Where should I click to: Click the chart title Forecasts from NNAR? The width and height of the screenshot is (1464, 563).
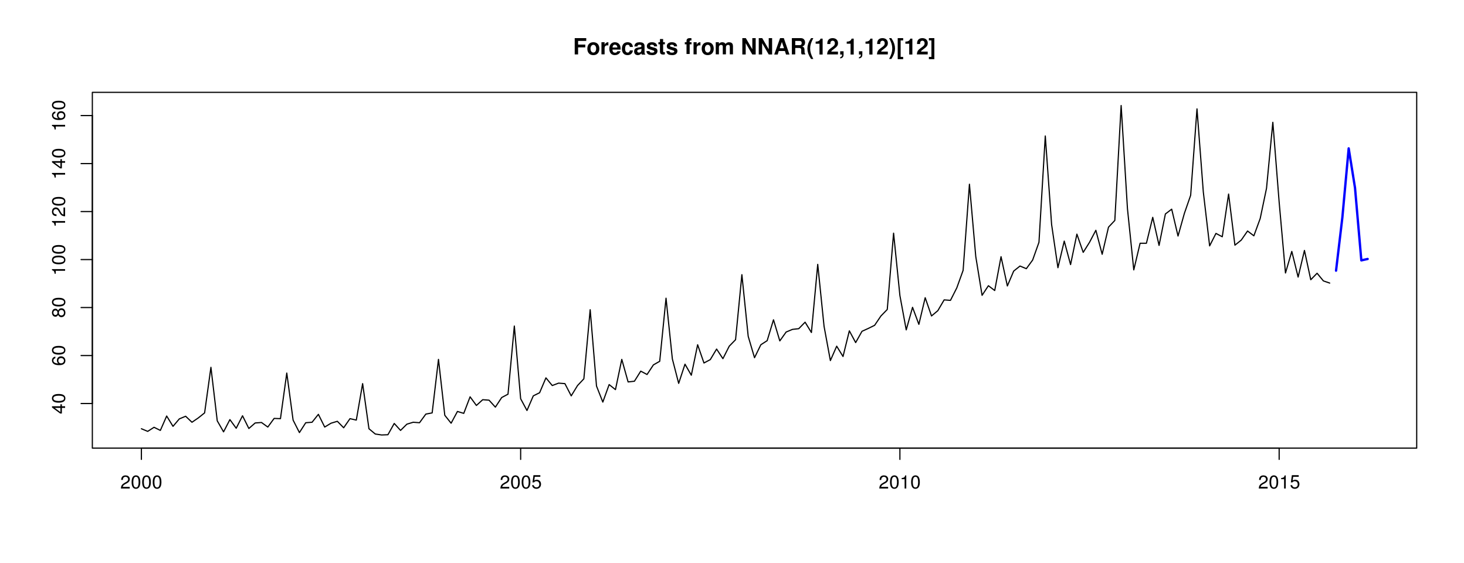point(754,48)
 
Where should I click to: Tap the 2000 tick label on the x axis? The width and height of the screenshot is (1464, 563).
point(141,483)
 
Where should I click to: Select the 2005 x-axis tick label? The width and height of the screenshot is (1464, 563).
point(520,483)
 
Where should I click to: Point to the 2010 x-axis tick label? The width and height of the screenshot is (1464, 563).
point(899,483)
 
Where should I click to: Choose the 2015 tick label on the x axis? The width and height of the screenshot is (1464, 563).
point(1279,483)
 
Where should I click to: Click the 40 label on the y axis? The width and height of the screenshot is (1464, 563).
point(59,403)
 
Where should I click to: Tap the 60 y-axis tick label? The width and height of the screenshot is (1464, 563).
point(59,355)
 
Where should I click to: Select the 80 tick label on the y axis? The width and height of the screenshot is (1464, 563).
point(59,307)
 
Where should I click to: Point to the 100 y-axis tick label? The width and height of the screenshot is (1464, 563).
point(59,259)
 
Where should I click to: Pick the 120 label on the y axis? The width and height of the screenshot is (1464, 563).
point(59,211)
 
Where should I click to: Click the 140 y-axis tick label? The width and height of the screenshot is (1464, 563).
point(59,164)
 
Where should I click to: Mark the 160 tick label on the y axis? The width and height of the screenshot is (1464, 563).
point(59,116)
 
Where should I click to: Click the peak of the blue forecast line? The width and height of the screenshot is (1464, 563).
point(1348,148)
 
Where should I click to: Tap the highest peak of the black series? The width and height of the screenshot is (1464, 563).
point(1121,106)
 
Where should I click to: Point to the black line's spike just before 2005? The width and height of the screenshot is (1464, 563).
point(514,327)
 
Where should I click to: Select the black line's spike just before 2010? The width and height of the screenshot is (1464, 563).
point(893,234)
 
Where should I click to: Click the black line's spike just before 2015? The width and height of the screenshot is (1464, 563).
point(1273,123)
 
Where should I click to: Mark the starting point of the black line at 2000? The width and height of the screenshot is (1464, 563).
point(141,429)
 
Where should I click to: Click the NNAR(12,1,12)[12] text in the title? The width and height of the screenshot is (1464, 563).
point(838,48)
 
